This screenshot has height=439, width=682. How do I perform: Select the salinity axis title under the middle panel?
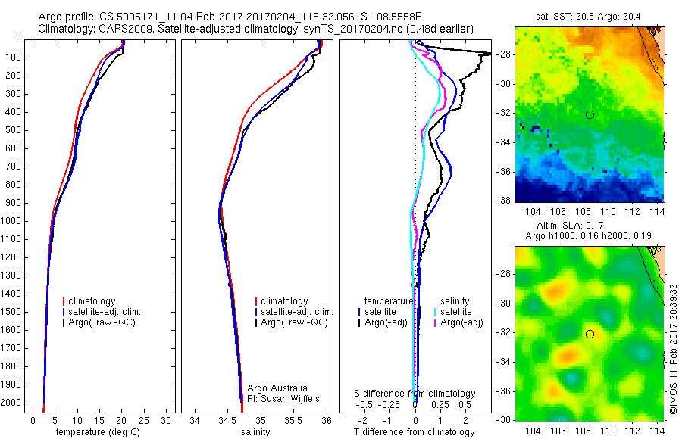pyautogui.click(x=255, y=432)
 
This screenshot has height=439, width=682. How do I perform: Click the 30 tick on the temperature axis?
pyautogui.click(x=167, y=420)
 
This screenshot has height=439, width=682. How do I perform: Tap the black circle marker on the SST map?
pyautogui.click(x=590, y=114)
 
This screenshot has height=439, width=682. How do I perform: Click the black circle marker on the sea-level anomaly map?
pyautogui.click(x=590, y=334)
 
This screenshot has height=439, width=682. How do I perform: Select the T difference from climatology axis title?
pyautogui.click(x=415, y=432)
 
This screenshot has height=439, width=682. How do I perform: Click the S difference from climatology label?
pyautogui.click(x=415, y=394)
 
